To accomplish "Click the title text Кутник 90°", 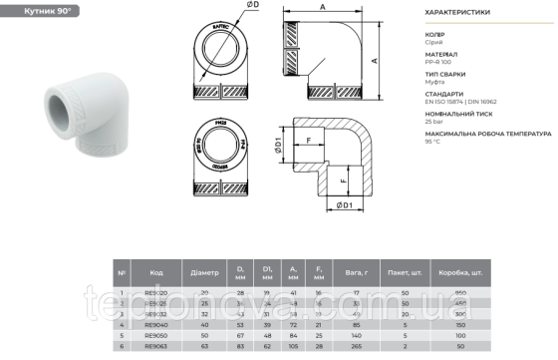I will pyautogui.click(x=36, y=9).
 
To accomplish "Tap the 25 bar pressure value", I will pyautogui.click(x=436, y=120).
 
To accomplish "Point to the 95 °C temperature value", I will pyautogui.click(x=434, y=140).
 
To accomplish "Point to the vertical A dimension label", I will pyautogui.click(x=375, y=60).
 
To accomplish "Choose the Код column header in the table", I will pyautogui.click(x=156, y=271).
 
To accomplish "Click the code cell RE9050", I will pyautogui.click(x=156, y=335).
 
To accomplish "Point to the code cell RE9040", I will pyautogui.click(x=156, y=324).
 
